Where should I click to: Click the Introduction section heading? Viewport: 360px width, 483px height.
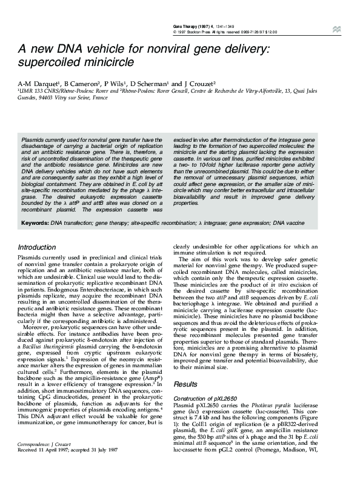pos(37,247)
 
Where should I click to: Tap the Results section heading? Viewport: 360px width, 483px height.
pos(185,384)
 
